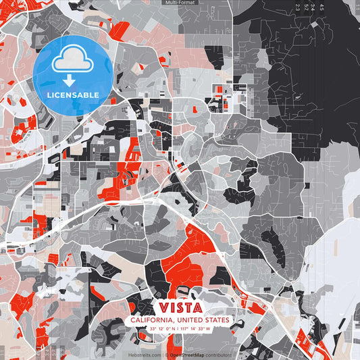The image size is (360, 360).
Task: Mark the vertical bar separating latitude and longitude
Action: [x=180, y=329]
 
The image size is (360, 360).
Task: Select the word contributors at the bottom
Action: [x=218, y=355]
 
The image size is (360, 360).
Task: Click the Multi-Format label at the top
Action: [x=180, y=3]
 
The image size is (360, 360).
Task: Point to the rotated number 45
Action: [x=322, y=7]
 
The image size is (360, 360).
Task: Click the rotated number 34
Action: [x=313, y=7]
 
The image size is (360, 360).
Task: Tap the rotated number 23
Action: [x=297, y=7]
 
